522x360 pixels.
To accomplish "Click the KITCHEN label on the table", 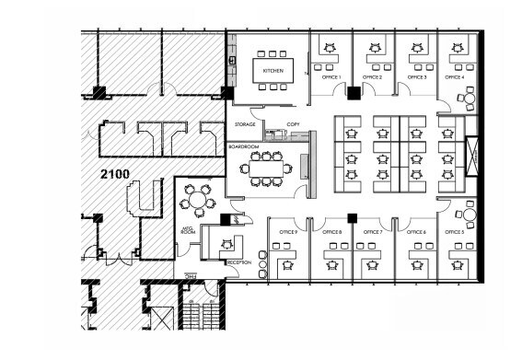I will click(x=273, y=71).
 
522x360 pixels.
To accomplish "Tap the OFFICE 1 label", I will click(x=332, y=77).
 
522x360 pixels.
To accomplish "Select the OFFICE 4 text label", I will click(x=455, y=77).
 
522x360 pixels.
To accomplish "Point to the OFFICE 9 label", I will click(x=288, y=232).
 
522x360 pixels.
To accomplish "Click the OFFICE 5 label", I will click(x=455, y=232).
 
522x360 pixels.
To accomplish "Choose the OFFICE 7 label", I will click(x=373, y=232).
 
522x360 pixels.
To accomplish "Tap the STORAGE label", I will click(x=245, y=123).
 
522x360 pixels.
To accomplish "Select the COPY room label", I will click(x=293, y=123).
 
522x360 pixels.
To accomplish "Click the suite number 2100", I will click(x=115, y=172).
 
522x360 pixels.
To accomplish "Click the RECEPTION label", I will click(x=238, y=262).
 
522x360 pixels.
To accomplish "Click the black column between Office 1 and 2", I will click(x=353, y=90).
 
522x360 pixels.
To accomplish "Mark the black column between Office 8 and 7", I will click(x=352, y=218).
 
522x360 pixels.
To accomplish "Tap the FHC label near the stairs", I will click(x=191, y=274).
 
